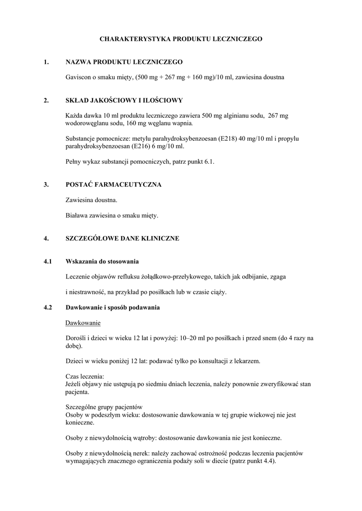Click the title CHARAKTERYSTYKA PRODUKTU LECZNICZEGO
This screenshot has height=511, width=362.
pyautogui.click(x=181, y=38)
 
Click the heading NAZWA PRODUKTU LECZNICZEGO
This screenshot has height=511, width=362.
pyautogui.click(x=124, y=62)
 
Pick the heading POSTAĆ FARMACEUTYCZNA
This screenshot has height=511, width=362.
pyautogui.click(x=113, y=185)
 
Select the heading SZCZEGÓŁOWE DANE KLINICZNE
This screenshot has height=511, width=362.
pyautogui.click(x=122, y=239)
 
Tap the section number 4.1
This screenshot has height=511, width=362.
pyautogui.click(x=48, y=261)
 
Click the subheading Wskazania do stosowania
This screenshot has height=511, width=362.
pyautogui.click(x=102, y=261)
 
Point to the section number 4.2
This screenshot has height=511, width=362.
pyautogui.click(x=48, y=307)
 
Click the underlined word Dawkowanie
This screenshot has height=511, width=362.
pyautogui.click(x=83, y=323)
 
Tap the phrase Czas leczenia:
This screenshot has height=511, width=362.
pyautogui.click(x=84, y=377)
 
